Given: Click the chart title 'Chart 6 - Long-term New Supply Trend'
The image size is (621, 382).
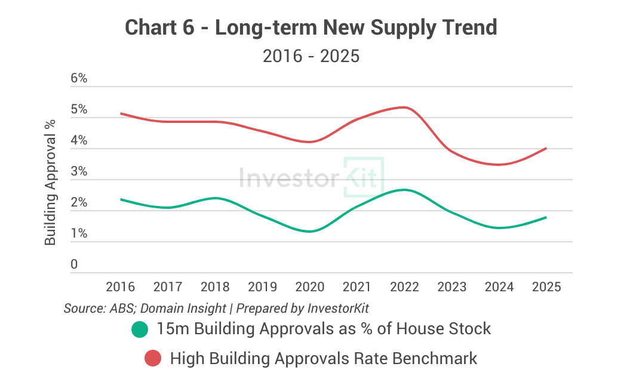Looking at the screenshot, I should [310, 27].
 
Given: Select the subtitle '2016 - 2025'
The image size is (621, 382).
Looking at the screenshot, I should [310, 57].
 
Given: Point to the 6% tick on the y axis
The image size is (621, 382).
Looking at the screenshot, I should [79, 79].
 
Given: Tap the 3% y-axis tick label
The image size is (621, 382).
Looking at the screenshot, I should [79, 172].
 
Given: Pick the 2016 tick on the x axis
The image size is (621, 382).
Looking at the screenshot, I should [121, 287].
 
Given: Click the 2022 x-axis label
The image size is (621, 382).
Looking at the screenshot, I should [404, 287].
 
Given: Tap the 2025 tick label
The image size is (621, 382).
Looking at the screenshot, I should [546, 287].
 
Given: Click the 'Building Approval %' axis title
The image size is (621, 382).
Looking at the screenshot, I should [51, 182].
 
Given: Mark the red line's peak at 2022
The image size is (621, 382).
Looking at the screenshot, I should [404, 107].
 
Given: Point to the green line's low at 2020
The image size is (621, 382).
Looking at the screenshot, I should [310, 231].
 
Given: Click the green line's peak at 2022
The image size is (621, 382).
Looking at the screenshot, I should [404, 190].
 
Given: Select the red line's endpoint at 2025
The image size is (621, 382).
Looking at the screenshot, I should [546, 149].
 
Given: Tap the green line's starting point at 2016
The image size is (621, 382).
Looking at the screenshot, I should [121, 199].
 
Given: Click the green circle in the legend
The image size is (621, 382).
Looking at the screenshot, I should [140, 329].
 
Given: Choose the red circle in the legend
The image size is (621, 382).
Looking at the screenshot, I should [153, 359].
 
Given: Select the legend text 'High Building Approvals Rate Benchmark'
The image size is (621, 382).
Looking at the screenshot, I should [324, 359].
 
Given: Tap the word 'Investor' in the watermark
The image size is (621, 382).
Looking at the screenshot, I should [288, 177].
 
